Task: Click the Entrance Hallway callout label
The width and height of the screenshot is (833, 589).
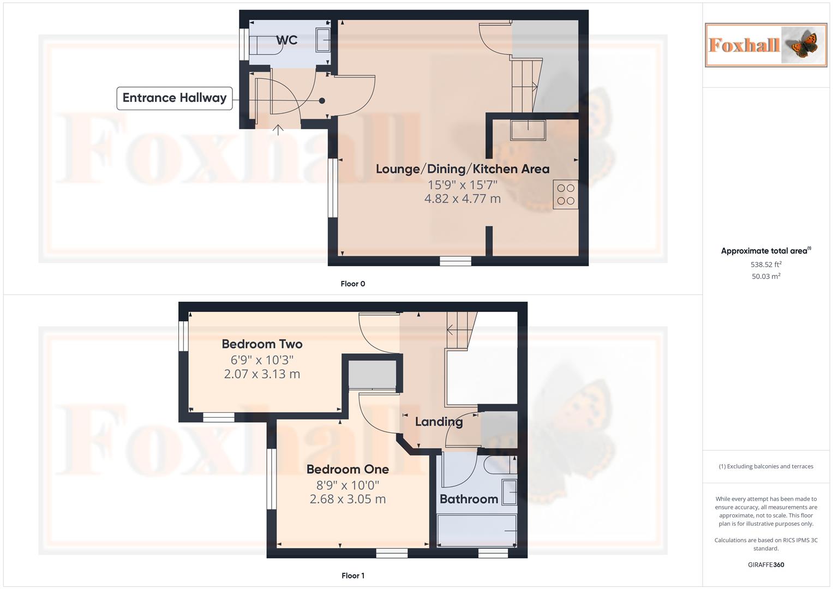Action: click(x=175, y=98)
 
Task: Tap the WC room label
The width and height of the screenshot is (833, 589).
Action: click(x=286, y=40)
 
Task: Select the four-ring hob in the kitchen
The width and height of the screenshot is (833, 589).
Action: click(x=566, y=195)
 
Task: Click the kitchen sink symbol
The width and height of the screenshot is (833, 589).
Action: click(x=528, y=130)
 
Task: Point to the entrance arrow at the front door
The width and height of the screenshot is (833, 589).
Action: click(x=278, y=130)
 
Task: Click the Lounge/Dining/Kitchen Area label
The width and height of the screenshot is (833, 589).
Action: click(x=462, y=169)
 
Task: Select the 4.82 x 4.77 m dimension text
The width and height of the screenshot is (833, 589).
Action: click(x=462, y=199)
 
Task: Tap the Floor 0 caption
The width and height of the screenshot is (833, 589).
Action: click(x=352, y=284)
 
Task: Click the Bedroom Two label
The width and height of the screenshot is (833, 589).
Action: click(x=262, y=344)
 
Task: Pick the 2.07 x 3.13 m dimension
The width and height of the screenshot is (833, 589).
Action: click(x=262, y=374)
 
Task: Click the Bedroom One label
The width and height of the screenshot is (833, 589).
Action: click(x=347, y=470)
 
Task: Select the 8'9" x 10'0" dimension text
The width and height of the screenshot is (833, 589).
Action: click(x=347, y=485)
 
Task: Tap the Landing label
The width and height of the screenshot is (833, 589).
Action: click(x=439, y=422)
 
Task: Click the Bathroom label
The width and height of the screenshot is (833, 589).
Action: click(x=469, y=499)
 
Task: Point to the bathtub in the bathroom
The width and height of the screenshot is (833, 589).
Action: click(x=477, y=531)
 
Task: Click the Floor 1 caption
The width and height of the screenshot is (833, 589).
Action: click(x=352, y=575)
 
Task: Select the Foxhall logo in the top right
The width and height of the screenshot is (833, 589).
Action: click(x=766, y=45)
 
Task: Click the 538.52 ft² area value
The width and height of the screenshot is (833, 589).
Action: click(x=766, y=265)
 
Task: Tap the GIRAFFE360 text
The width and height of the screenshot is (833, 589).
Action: click(x=766, y=565)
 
